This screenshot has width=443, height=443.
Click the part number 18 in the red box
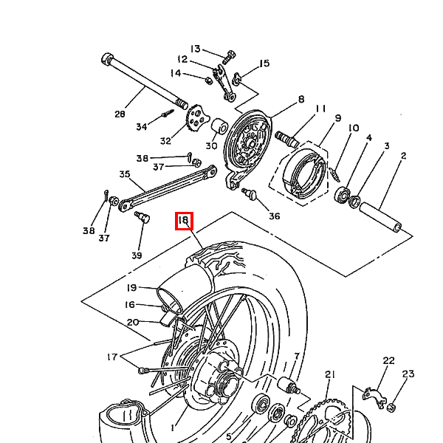point(184,220)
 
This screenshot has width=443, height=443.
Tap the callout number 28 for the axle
point(120,114)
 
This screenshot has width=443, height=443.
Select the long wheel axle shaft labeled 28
point(143,81)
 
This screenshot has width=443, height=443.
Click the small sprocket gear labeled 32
point(196,116)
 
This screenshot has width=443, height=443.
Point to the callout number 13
point(195,49)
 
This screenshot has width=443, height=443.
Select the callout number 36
point(275,216)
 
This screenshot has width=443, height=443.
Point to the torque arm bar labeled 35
point(162,188)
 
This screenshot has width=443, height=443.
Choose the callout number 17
point(111,357)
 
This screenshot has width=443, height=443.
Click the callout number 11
point(319,109)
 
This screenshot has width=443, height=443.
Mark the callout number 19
point(131,287)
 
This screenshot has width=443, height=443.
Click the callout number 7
point(296,356)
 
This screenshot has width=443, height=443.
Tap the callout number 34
point(142,127)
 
